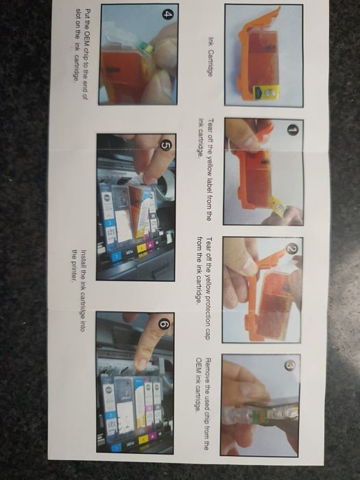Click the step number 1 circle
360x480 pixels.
(293, 130)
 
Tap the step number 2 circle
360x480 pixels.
(291, 249)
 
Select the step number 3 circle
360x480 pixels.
(289, 365)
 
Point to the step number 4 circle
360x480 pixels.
(167, 14)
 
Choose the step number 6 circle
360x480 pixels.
(164, 324)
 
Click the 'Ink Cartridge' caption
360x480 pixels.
(211, 57)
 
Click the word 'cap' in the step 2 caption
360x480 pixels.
(208, 334)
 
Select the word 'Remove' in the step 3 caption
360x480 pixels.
(208, 370)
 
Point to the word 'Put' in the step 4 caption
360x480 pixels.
(87, 14)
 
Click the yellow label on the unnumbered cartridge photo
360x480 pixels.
(266, 93)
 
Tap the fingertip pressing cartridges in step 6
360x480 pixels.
(141, 363)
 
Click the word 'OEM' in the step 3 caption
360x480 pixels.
(199, 364)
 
